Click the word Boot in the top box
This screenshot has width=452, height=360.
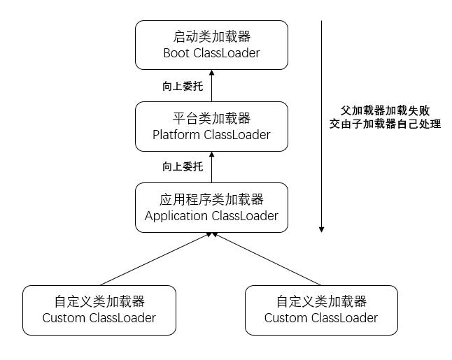pos(177,52)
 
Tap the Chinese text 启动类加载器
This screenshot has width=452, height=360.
pos(211,36)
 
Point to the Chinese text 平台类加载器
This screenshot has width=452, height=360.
pos(211,118)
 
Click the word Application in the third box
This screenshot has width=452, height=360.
pos(175,215)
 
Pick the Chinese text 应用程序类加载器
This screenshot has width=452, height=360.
pos(211,199)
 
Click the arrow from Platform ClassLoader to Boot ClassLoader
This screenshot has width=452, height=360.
pos(212,87)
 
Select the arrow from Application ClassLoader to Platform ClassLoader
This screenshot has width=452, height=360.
pos(212,168)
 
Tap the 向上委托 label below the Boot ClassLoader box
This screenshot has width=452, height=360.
pos(183,86)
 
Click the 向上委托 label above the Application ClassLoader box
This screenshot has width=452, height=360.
pos(183,167)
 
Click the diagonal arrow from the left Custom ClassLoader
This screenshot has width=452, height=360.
pos(154,259)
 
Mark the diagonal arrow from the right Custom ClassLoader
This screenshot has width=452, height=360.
pos(269,259)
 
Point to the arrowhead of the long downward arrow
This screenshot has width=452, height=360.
pos(321,229)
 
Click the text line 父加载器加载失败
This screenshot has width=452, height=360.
pos(386,111)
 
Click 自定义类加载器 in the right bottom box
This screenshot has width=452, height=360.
pos(321,302)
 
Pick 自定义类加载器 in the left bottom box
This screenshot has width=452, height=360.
pos(99,302)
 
